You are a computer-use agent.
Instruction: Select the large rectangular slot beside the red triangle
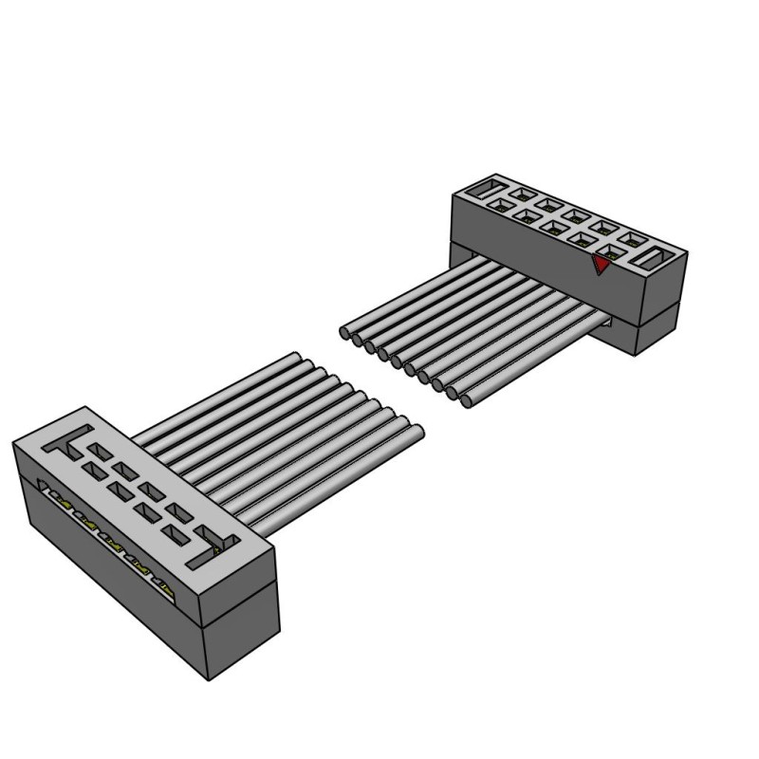point(656,256)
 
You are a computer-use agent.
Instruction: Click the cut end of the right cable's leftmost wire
point(346,333)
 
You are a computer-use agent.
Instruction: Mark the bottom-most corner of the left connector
point(211,680)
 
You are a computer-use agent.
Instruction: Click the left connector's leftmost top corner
point(12,442)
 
